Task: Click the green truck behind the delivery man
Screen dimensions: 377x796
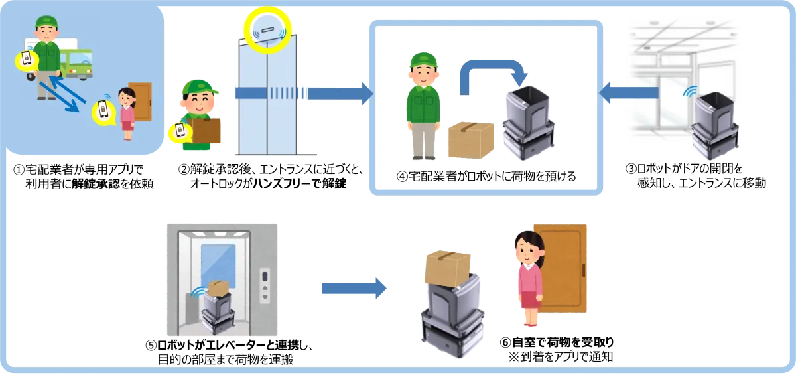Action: pyautogui.click(x=78, y=62)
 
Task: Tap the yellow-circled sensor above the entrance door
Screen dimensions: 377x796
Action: pyautogui.click(x=269, y=30)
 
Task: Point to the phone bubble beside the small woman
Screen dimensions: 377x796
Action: pyautogui.click(x=103, y=111)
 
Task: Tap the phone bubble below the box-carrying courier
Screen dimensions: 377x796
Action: pyautogui.click(x=179, y=131)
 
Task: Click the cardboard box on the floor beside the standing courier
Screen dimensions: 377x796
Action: pyautogui.click(x=471, y=139)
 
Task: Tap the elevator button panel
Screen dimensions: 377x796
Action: pyautogui.click(x=265, y=286)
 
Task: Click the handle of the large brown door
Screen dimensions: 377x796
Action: pyautogui.click(x=583, y=271)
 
